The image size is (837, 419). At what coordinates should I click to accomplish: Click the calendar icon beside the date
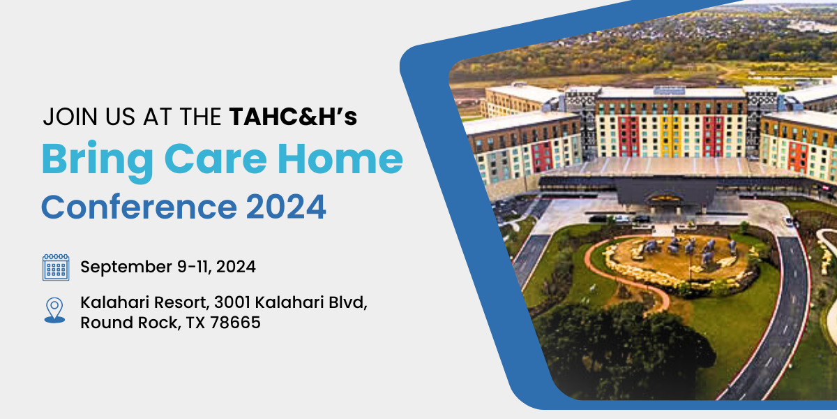coord(56,267)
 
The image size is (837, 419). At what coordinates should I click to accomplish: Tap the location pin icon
coord(54,310)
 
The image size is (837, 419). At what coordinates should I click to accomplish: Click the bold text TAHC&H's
coord(294,117)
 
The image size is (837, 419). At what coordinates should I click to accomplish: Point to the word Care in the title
coord(216,159)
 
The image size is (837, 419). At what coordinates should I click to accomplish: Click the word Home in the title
coord(340,159)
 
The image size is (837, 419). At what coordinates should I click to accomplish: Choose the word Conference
coord(139,207)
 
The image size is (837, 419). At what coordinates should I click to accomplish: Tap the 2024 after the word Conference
coord(286,207)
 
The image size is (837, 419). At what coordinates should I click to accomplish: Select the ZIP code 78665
coord(235,323)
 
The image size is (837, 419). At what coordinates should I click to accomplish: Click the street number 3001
coord(232,302)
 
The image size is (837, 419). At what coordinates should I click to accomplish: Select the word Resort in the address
coord(181,302)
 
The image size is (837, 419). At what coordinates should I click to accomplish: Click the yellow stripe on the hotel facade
coord(670,136)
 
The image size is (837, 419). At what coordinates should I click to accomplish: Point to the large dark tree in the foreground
coord(620,348)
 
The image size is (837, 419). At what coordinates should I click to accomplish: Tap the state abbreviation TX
coord(195,323)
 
